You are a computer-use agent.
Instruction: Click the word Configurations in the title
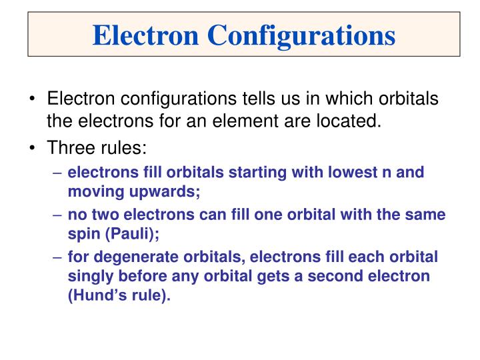(302, 35)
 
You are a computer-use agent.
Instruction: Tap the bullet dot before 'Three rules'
(32, 147)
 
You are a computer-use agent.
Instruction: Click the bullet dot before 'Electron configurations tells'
(32, 99)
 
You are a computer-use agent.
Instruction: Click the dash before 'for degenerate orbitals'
(58, 257)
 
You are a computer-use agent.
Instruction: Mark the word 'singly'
(88, 276)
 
